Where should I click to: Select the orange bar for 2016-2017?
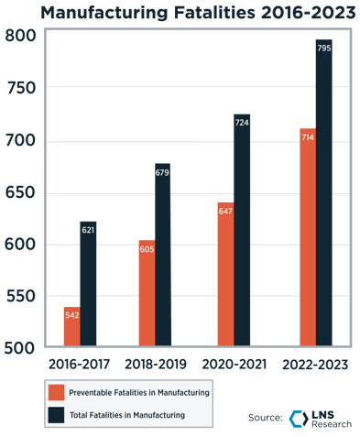click(x=71, y=325)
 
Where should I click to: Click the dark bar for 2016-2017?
click(x=88, y=284)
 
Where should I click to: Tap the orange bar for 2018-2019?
click(x=147, y=293)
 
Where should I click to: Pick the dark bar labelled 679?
click(x=162, y=257)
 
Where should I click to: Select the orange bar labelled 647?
click(x=225, y=275)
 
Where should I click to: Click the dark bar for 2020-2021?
click(x=242, y=234)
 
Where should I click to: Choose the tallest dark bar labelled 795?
click(x=322, y=192)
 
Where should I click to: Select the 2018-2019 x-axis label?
click(x=155, y=364)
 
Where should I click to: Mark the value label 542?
click(x=71, y=315)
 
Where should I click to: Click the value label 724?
click(x=242, y=122)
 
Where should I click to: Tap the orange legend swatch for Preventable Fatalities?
click(x=57, y=392)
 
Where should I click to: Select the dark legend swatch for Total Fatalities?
click(x=57, y=415)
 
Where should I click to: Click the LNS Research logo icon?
click(x=296, y=419)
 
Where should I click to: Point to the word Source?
click(x=264, y=418)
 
